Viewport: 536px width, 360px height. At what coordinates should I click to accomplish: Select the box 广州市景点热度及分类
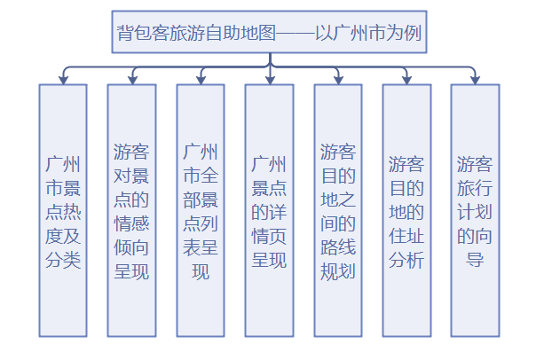[x=63, y=211]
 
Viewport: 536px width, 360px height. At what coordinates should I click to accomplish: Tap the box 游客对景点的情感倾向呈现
[x=131, y=211]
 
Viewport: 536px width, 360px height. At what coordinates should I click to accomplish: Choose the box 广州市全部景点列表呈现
[x=201, y=211]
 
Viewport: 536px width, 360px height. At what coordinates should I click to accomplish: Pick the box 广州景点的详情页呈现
[x=269, y=211]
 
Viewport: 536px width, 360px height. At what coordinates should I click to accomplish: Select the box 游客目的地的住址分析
[x=406, y=211]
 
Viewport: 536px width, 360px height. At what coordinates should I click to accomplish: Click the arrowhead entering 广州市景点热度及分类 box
[x=63, y=79]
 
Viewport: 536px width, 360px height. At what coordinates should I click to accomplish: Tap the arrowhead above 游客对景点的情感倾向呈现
[x=131, y=79]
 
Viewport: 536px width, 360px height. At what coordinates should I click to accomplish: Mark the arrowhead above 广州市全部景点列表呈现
[x=201, y=79]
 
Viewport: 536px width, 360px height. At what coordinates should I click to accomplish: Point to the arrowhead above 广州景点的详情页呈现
[x=269, y=79]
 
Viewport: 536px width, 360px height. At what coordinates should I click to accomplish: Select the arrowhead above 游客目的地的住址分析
[x=406, y=79]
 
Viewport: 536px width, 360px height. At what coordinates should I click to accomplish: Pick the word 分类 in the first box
[x=63, y=260]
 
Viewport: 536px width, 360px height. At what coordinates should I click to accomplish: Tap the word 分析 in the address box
[x=406, y=260]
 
